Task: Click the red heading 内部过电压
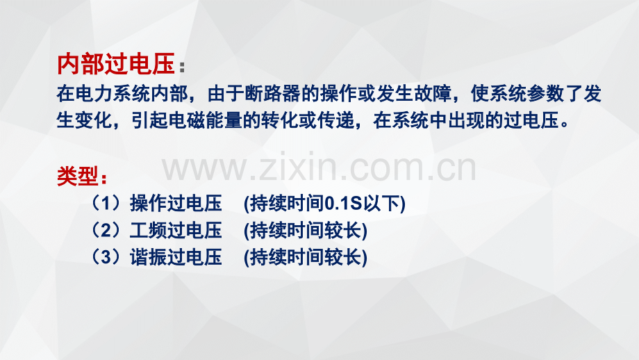(116, 64)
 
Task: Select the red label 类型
(77, 176)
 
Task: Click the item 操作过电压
(176, 203)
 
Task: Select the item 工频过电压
(176, 230)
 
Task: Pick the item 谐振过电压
(176, 257)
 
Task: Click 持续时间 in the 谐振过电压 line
(287, 257)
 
